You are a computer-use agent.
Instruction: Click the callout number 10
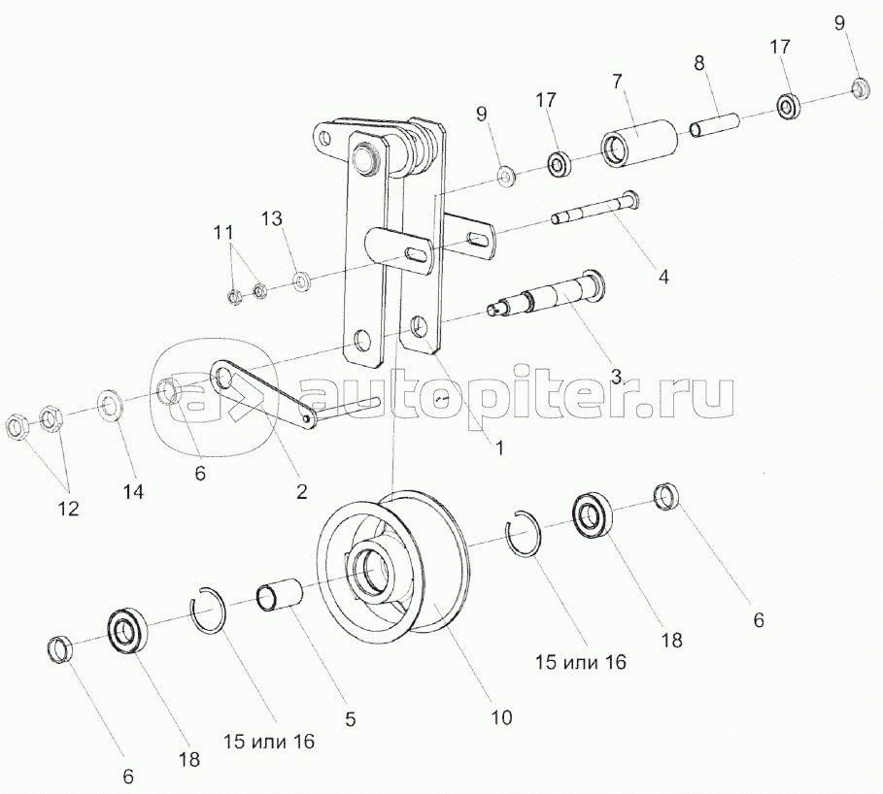[x=500, y=717]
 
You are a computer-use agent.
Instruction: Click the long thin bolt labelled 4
[x=594, y=209]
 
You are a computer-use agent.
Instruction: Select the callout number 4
[x=663, y=276]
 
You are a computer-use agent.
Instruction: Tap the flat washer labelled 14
[x=109, y=404]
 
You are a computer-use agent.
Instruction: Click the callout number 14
[x=132, y=492]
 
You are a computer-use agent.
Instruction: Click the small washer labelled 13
[x=301, y=281]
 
